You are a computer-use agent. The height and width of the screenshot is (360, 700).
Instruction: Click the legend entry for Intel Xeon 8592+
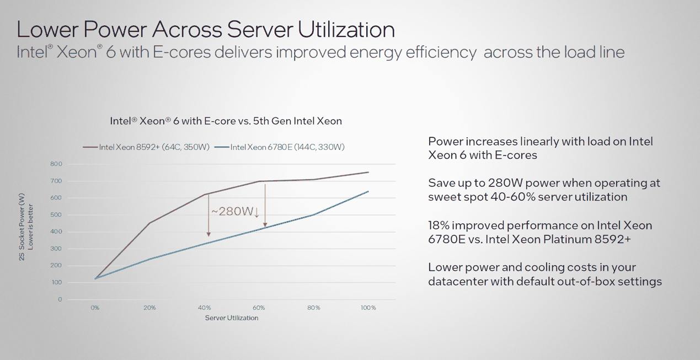(146, 147)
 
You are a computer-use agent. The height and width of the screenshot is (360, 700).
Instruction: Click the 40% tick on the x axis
(204, 308)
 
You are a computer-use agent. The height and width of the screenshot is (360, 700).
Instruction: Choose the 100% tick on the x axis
(368, 308)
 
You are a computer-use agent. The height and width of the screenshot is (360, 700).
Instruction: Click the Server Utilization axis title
(232, 318)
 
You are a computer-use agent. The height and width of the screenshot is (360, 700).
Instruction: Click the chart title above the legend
(226, 121)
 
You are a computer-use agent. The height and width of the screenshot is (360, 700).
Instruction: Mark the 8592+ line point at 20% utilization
(149, 223)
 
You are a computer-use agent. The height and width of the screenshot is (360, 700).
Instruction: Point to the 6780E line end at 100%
(368, 191)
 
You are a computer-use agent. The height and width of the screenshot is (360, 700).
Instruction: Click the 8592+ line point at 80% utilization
(314, 179)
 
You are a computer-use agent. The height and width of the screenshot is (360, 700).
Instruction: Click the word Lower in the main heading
(47, 29)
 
